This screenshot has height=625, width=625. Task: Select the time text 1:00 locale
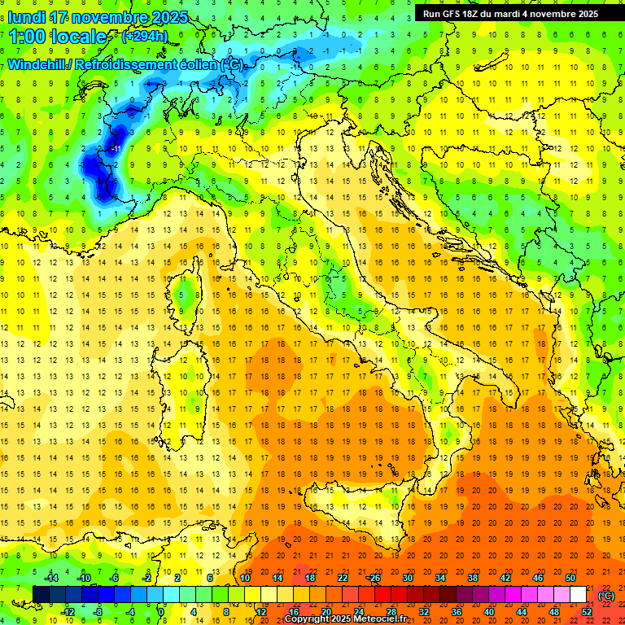(x=57, y=37)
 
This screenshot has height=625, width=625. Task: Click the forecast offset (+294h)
(x=144, y=37)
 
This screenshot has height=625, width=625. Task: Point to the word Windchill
(x=37, y=64)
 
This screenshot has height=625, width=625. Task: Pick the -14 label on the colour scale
(x=50, y=578)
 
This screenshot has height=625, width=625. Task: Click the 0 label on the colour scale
(x=162, y=611)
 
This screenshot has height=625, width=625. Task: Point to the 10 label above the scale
(x=245, y=578)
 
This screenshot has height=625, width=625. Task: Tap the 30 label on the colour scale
(x=407, y=578)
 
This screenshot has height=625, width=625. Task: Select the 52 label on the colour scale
(x=587, y=611)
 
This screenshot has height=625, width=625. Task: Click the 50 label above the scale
(x=570, y=578)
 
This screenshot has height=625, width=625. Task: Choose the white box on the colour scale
(x=579, y=594)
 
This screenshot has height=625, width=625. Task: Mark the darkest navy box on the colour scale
(x=41, y=594)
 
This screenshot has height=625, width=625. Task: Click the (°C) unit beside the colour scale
(x=605, y=595)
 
